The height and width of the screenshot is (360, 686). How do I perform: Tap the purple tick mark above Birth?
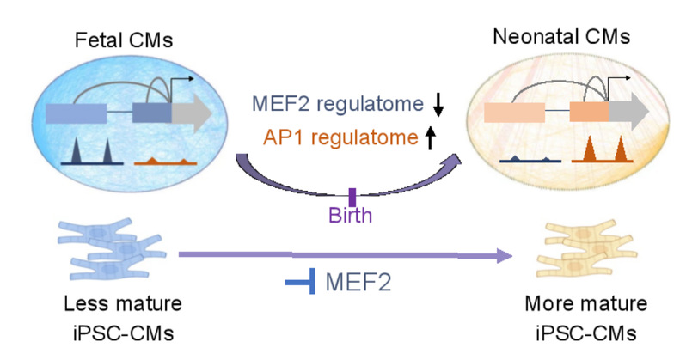pos(352,198)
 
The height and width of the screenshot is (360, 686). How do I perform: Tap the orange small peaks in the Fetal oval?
pos(167,160)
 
